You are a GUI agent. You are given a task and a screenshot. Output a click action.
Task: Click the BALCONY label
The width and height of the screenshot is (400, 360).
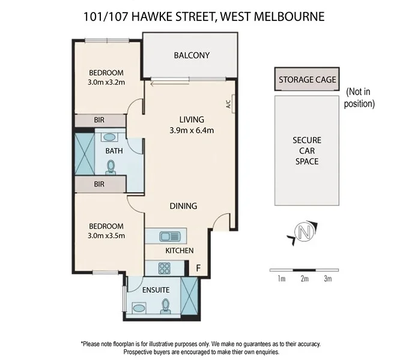pos(192,55)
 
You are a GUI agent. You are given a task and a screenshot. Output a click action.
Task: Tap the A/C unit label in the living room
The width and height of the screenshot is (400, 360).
pos(229,104)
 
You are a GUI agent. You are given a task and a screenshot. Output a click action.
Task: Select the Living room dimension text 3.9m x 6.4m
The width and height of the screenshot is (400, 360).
pos(192,130)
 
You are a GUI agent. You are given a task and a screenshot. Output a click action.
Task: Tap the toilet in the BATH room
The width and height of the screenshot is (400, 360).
pos(111,166)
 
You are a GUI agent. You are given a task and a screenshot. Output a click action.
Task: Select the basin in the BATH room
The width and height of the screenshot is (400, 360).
pos(109,137)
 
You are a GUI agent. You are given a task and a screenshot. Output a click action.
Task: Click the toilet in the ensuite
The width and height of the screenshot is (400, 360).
pos(166,306)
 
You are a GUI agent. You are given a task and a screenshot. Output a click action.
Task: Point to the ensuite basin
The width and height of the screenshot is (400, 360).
pos(139,308)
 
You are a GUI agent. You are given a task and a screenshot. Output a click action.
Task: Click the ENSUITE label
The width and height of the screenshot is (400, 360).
pos(156,290)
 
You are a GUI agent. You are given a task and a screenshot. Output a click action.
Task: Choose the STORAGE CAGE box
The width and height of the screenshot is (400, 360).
pos(307,79)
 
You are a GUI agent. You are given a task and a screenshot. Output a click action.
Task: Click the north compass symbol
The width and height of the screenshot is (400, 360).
pos(305,232)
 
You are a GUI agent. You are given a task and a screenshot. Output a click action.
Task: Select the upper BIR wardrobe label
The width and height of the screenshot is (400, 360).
pos(99,120)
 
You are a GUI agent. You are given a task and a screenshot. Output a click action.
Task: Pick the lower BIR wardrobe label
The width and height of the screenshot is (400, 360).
pos(99,184)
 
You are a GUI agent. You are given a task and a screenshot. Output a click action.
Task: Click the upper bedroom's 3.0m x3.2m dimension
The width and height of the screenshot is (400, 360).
pos(106,83)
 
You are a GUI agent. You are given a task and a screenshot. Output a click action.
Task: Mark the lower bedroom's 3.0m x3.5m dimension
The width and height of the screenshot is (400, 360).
pos(106,236)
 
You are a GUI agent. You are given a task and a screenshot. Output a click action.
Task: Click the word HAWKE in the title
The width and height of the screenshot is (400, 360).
pos(154,16)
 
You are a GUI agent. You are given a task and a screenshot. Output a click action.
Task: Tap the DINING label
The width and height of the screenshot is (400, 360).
pos(183,206)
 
